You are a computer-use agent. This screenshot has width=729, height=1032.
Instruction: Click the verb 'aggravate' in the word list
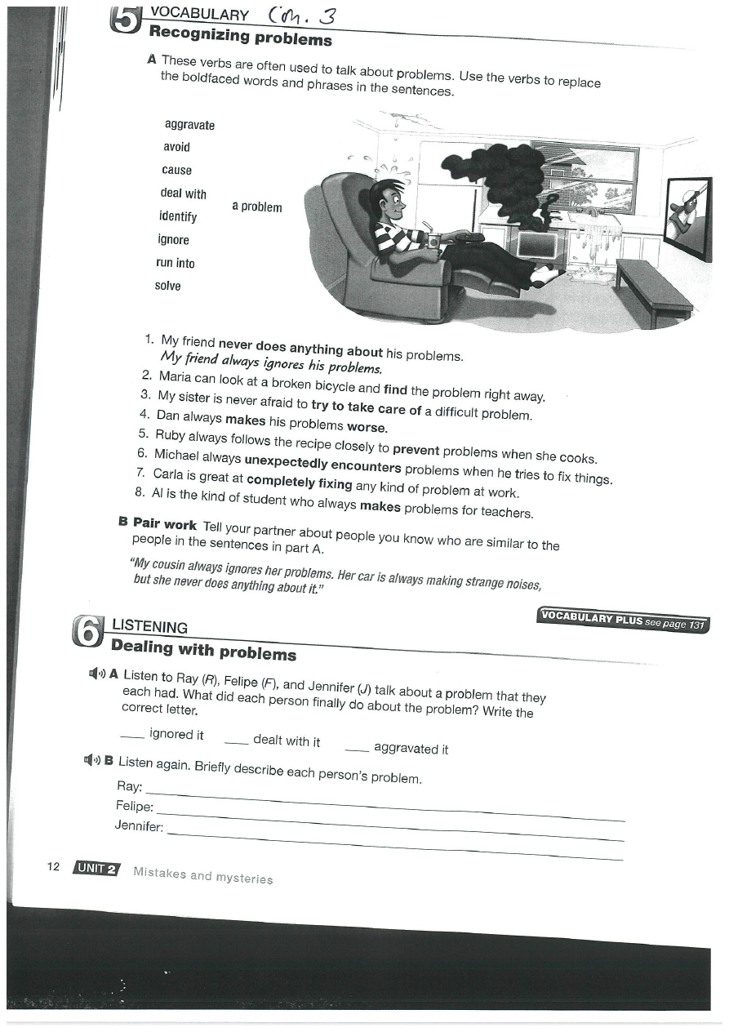189,125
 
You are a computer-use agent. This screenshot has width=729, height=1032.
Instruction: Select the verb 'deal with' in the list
183,193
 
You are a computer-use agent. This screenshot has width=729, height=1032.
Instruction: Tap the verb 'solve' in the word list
167,286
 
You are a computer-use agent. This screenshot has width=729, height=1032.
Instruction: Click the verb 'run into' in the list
175,263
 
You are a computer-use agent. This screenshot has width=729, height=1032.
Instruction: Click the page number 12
54,866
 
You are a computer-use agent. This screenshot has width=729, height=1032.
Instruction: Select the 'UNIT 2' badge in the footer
95,869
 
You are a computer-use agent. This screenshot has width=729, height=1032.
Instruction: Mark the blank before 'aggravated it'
357,747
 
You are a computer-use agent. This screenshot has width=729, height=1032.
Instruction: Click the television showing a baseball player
687,216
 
